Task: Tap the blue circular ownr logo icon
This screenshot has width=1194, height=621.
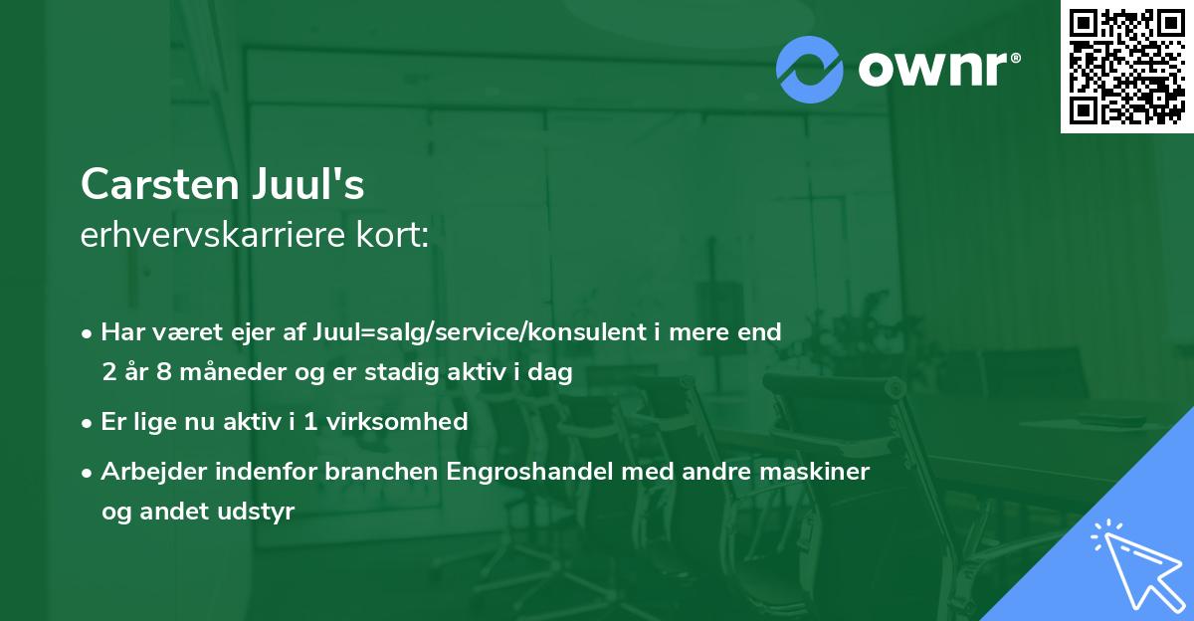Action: point(810,69)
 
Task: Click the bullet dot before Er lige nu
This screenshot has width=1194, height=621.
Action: point(89,422)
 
